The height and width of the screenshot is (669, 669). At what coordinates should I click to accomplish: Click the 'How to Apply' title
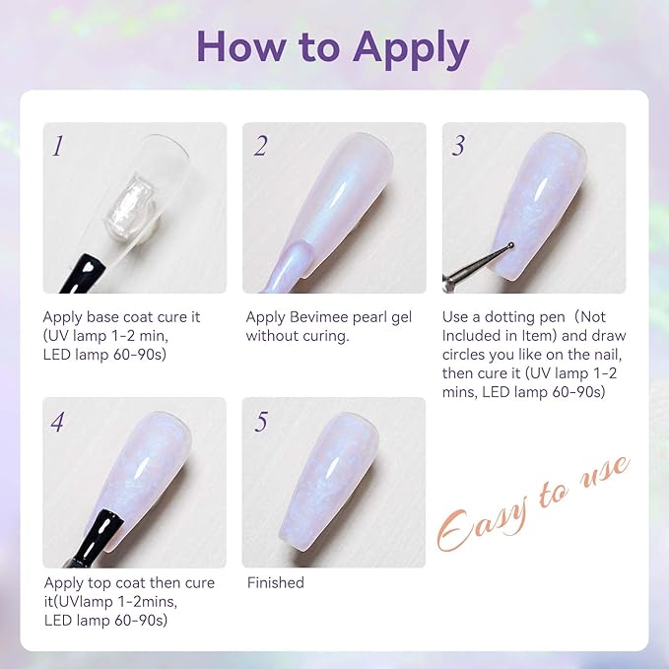click(333, 46)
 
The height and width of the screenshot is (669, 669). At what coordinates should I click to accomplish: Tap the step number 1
click(58, 147)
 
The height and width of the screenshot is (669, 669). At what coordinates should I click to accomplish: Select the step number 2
click(260, 147)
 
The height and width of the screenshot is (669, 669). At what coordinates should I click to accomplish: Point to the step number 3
click(458, 147)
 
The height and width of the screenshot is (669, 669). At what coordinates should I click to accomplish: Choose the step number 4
click(58, 423)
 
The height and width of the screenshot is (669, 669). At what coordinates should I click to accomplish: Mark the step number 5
click(260, 423)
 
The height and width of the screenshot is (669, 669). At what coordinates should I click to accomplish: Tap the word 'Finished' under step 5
click(276, 582)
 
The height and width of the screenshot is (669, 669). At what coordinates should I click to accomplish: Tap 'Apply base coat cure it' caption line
click(121, 317)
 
